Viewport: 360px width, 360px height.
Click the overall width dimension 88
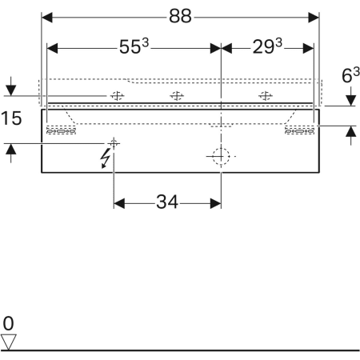coord(180,16)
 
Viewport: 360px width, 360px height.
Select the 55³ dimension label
coord(134,46)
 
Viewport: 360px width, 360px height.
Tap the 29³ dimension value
coord(267,46)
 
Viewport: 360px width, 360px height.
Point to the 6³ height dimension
coord(350,75)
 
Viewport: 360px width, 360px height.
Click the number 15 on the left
coord(11,118)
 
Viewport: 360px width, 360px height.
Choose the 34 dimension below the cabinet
coord(167,202)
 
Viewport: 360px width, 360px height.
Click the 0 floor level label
coord(8,323)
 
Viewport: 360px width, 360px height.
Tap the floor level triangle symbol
coord(8,342)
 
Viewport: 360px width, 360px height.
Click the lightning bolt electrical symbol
coord(106,158)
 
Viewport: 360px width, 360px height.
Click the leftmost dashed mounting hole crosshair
coord(118,95)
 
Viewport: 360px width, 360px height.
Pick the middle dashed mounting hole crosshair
coord(177,95)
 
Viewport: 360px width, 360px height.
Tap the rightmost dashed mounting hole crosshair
coord(266,95)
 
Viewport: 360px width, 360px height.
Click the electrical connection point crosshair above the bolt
coord(114,143)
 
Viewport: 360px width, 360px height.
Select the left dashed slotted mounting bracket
coord(61,131)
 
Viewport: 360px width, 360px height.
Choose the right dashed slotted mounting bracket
coord(299,131)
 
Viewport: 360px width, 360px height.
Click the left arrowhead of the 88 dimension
coord(47,18)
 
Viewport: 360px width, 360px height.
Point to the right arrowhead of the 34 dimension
coord(216,203)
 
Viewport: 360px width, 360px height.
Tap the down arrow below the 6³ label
coord(351,100)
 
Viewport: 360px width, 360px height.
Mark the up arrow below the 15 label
coord(10,149)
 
